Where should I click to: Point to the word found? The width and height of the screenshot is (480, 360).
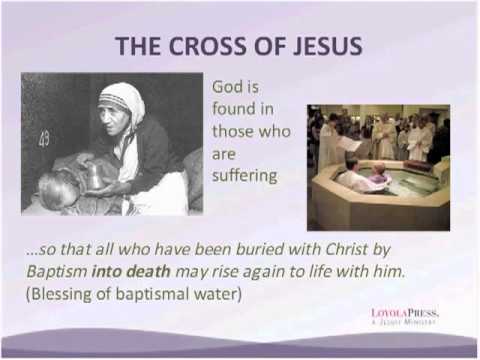coord(233,110)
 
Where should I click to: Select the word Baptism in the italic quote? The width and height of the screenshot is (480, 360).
coord(52,272)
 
